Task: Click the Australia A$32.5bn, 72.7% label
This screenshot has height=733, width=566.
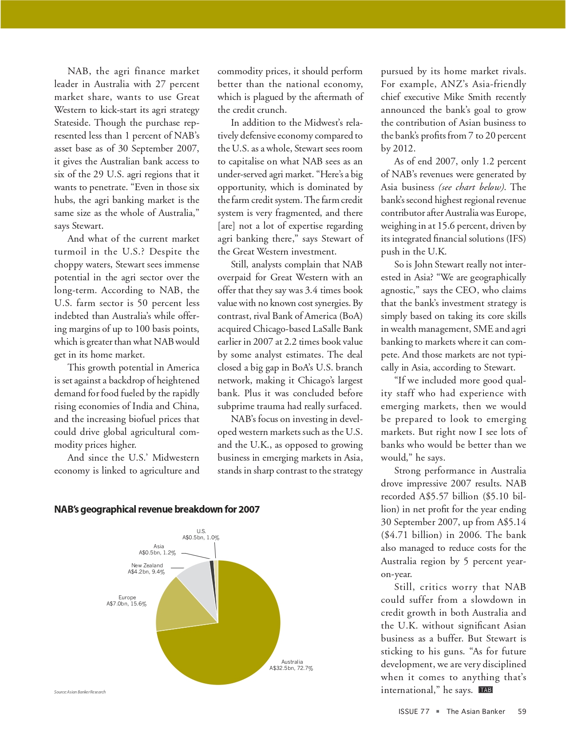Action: pyautogui.click(x=291, y=665)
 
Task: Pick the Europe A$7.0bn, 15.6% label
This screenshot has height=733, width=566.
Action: pyautogui.click(x=127, y=601)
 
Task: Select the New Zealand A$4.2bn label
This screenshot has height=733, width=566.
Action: pyautogui.click(x=146, y=569)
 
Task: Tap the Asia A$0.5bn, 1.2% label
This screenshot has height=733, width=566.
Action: pyautogui.click(x=158, y=550)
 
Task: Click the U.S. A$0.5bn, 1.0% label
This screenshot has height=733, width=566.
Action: pyautogui.click(x=201, y=534)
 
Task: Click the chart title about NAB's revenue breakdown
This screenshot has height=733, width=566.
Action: pyautogui.click(x=157, y=510)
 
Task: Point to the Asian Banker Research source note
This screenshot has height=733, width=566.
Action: pyautogui.click(x=80, y=692)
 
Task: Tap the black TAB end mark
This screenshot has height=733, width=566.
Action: pyautogui.click(x=486, y=690)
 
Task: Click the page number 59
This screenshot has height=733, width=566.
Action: pyautogui.click(x=522, y=711)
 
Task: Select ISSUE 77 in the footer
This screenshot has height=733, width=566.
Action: pyautogui.click(x=414, y=711)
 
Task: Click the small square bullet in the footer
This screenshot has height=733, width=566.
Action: pyautogui.click(x=438, y=711)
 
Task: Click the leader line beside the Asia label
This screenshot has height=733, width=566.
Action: pyautogui.click(x=195, y=555)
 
